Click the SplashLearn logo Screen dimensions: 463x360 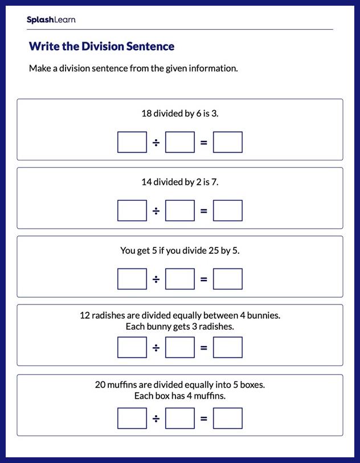coord(51,20)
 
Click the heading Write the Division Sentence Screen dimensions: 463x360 coord(101,46)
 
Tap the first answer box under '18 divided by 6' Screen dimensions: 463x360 coord(132,143)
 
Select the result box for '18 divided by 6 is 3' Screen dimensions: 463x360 coord(228,143)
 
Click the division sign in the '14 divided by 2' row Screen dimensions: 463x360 coord(156,211)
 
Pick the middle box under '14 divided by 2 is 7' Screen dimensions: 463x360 coord(180,211)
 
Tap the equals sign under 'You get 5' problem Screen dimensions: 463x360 coord(204,279)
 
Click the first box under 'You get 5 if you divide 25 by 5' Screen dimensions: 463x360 coord(132,279)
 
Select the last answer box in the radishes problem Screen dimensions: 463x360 coord(228,348)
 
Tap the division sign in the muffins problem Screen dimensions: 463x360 coord(156,419)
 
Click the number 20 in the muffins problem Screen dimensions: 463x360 coord(100,385)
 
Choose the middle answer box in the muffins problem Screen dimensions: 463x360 coord(180,419)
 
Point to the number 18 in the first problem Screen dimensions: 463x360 coord(146,113)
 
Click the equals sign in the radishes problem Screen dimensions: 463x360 coord(204,348)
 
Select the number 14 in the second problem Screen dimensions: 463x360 coord(146,182)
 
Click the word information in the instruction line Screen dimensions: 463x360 coord(213,68)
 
